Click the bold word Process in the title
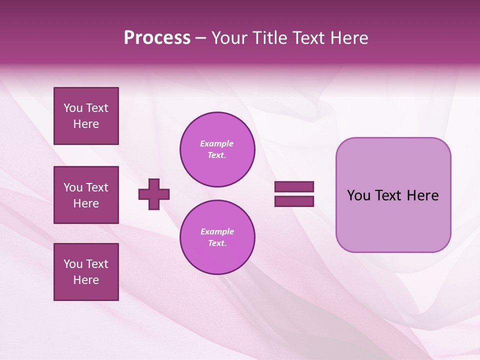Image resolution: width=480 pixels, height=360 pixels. coord(157,38)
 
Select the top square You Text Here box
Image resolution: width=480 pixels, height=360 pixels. coord(86,116)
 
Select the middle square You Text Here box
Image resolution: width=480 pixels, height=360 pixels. coord(86,195)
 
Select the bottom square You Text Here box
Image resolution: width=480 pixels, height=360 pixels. coord(86,272)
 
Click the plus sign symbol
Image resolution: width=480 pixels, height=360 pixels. coord(154,194)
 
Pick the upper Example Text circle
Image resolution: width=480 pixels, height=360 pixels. coord(217,149)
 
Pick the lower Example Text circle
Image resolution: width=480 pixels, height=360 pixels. coord(217,237)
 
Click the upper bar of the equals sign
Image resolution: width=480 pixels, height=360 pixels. coord(294,187)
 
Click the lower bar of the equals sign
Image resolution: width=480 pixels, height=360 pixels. coord(294,201)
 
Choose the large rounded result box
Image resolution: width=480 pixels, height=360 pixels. coord(393,220)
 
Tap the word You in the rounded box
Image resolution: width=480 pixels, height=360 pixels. coord(358,195)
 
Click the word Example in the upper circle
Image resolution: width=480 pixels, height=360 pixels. coord(217,144)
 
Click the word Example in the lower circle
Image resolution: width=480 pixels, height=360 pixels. coord(217,232)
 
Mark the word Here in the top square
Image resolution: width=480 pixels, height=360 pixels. coord(86,124)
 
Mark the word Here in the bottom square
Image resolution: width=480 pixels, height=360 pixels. coord(86,280)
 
